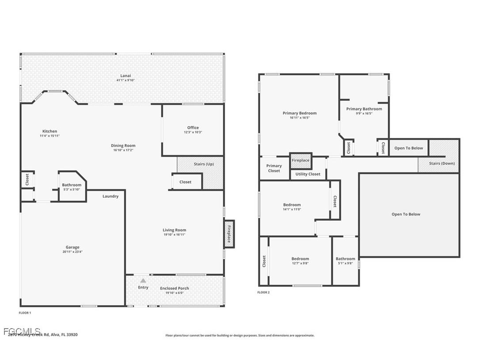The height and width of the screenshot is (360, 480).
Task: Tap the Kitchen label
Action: (50, 131)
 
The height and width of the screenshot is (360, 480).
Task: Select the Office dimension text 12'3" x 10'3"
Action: (193, 132)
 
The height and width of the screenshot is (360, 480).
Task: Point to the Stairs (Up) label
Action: (204, 164)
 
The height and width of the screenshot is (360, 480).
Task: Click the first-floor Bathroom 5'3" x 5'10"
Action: (72, 187)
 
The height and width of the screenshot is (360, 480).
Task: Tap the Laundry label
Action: (110, 196)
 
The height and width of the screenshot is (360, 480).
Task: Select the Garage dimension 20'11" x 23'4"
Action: (72, 252)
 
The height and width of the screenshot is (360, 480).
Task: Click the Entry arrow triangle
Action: (143, 280)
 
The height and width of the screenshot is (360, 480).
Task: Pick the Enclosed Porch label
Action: (175, 288)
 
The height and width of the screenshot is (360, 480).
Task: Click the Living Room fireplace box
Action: (229, 234)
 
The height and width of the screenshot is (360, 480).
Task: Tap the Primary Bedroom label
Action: (300, 113)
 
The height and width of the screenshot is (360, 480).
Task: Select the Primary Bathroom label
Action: (364, 109)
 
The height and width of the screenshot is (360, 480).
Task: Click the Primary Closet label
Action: (274, 168)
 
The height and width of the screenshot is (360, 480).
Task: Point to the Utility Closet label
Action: (308, 174)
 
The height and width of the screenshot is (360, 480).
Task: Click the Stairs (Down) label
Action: (442, 163)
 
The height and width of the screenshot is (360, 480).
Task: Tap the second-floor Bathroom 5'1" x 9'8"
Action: (345, 261)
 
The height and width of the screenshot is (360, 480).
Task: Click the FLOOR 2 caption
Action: (263, 292)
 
